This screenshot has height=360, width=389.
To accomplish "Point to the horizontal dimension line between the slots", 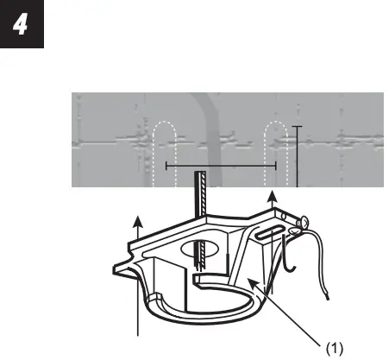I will [x=220, y=164].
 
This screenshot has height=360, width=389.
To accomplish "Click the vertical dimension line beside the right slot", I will [x=296, y=155].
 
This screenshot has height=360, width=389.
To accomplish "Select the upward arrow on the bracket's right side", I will [x=273, y=208].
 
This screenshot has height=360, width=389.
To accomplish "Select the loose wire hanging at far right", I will [x=323, y=268].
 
